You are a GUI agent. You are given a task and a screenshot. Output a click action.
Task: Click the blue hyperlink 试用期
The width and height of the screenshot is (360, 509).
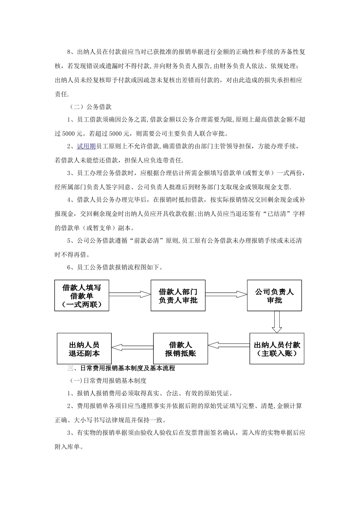tap(86, 147)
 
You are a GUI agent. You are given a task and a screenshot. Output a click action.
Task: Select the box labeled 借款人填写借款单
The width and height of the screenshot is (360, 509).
tap(81, 296)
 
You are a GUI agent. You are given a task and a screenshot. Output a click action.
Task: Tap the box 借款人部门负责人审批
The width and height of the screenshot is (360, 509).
tap(178, 296)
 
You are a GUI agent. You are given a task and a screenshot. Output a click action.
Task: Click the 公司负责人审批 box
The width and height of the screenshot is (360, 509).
tap(274, 296)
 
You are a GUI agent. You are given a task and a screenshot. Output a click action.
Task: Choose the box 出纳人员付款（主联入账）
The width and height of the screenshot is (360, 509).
tap(277, 349)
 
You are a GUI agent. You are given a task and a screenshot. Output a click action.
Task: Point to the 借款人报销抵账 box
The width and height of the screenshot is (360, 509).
tap(180, 349)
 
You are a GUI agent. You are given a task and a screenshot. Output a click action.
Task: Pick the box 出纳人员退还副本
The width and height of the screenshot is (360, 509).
tap(84, 349)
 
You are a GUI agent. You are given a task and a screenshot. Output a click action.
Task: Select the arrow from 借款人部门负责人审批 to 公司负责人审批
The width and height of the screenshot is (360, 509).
tap(226, 294)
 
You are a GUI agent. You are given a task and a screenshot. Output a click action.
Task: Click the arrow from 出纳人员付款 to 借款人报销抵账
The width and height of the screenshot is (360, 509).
tap(229, 345)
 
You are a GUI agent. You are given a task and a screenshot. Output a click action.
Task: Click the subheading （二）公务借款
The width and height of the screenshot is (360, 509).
tap(91, 107)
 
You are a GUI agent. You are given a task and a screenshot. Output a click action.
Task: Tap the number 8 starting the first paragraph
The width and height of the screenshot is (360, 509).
tap(69, 52)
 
